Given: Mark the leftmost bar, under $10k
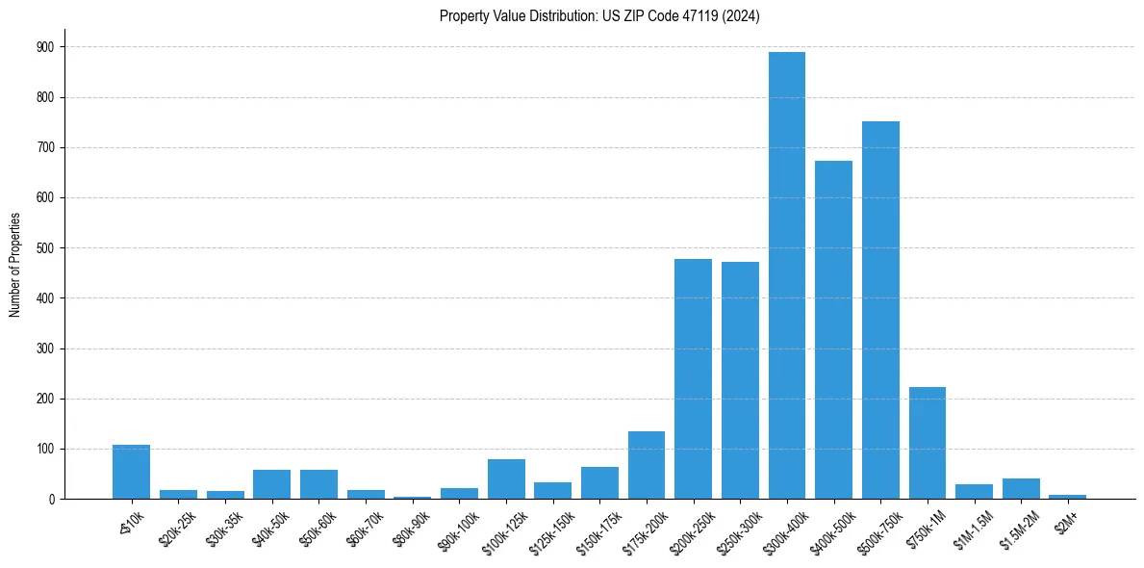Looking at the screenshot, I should click(131, 472).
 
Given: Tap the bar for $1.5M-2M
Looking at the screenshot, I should click(1021, 489).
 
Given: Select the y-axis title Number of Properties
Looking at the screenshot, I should click(15, 265).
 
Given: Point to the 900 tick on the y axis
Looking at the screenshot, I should click(44, 47).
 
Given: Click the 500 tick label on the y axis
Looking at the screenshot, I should click(44, 248).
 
